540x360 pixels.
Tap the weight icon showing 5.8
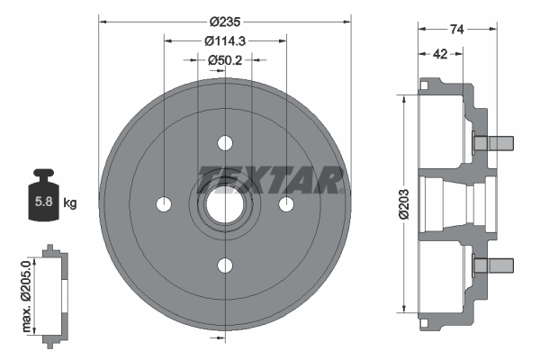point(41,197)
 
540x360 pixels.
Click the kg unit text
point(70,203)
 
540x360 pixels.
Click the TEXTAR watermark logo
point(270,179)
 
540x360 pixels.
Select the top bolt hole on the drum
point(224,143)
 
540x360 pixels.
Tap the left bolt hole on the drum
point(163,204)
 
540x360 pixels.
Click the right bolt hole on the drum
point(286,204)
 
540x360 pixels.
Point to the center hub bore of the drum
point(224,204)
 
